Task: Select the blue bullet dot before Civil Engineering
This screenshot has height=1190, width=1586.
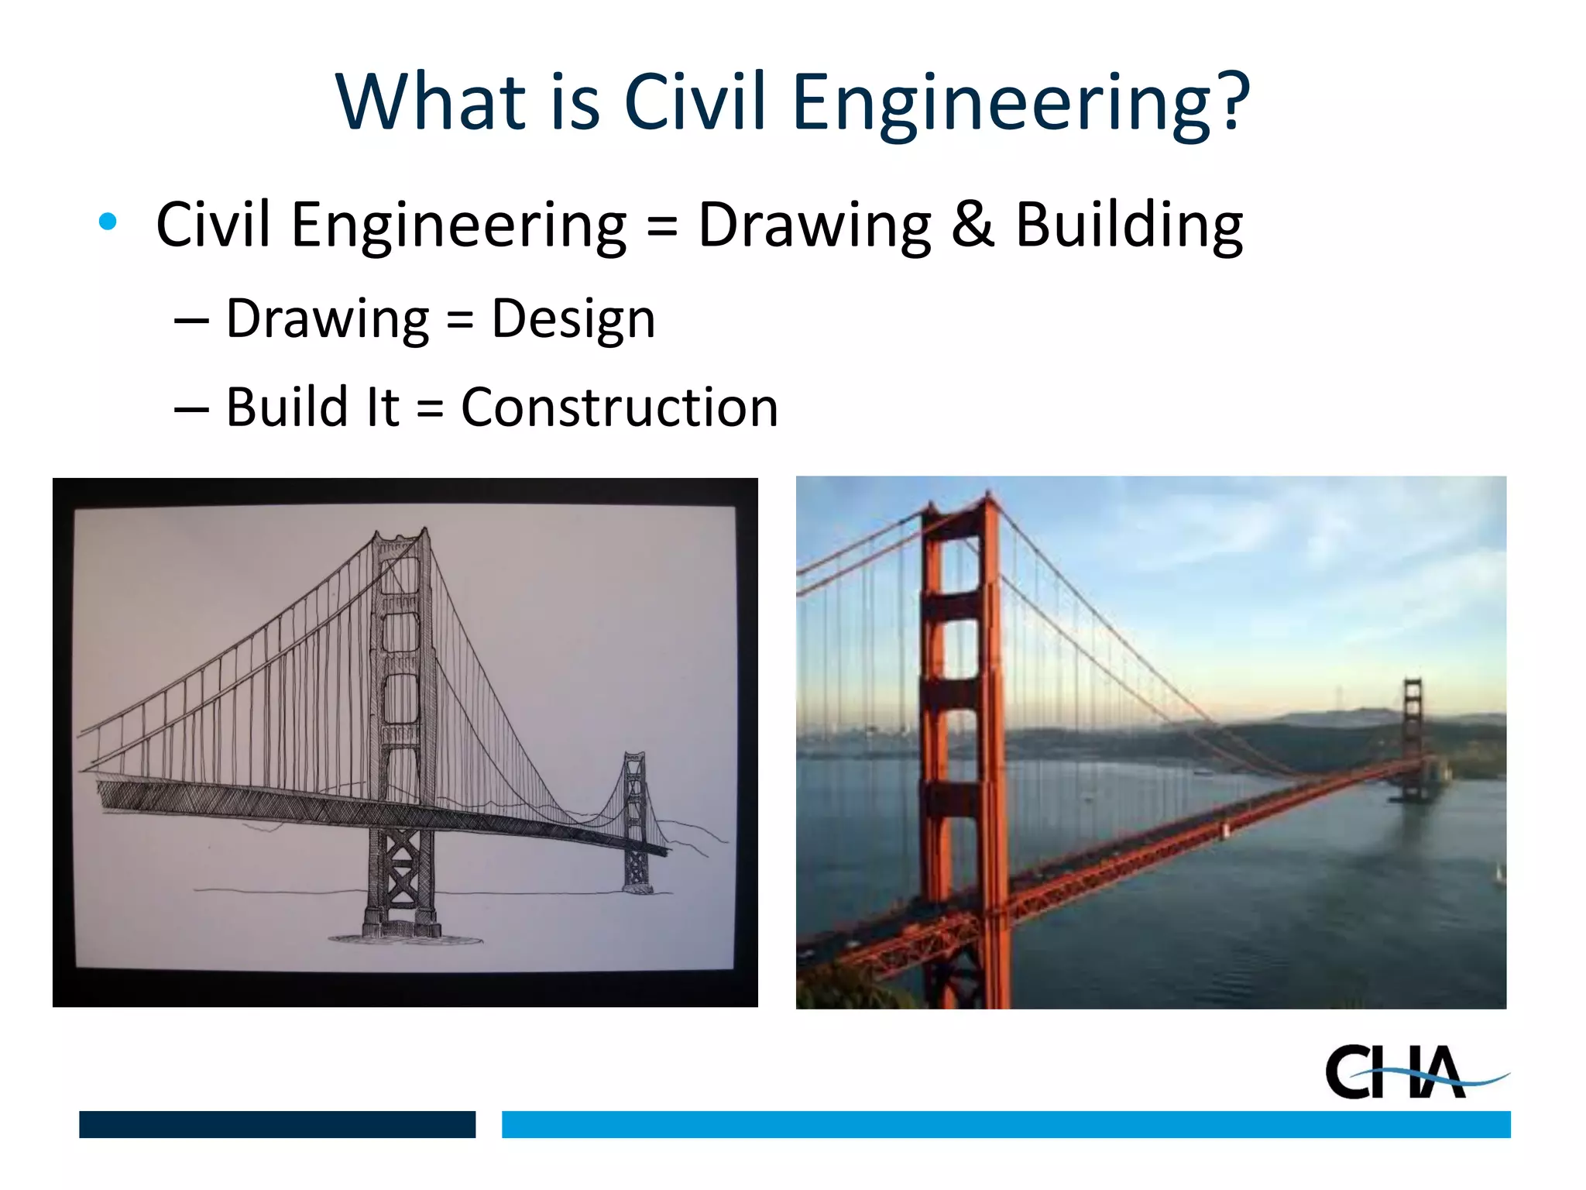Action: (108, 222)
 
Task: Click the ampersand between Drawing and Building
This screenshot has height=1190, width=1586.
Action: (973, 225)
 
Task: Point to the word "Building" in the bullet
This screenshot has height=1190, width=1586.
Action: (1128, 225)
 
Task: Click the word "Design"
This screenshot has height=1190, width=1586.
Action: (574, 319)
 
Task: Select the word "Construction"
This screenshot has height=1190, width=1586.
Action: (620, 408)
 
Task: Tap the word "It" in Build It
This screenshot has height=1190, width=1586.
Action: (383, 408)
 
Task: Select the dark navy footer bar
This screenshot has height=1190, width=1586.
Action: (277, 1124)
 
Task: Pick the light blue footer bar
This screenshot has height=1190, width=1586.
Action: (1005, 1124)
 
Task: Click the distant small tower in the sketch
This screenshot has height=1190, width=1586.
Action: (636, 821)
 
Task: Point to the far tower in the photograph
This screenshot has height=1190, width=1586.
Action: (1413, 736)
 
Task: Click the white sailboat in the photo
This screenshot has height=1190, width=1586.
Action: (1499, 874)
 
